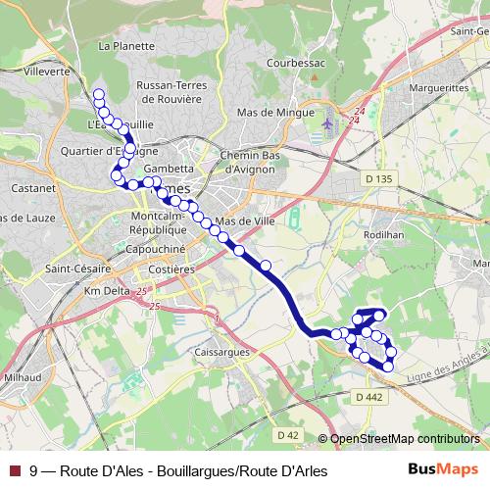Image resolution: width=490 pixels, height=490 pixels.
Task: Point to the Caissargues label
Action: [224, 351]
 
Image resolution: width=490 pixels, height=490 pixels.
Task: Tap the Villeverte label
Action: [46, 72]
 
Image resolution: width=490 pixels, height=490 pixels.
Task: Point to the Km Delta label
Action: [107, 292]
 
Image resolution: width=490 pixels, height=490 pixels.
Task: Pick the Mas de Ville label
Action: [251, 221]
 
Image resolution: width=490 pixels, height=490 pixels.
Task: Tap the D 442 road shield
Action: [369, 397]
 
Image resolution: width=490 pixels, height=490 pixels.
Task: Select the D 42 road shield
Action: [287, 434]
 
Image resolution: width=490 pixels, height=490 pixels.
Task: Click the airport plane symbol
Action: [327, 124]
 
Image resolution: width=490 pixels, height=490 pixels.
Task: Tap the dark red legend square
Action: [14, 470]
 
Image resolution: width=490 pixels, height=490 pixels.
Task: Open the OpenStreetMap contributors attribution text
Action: [404, 439]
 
